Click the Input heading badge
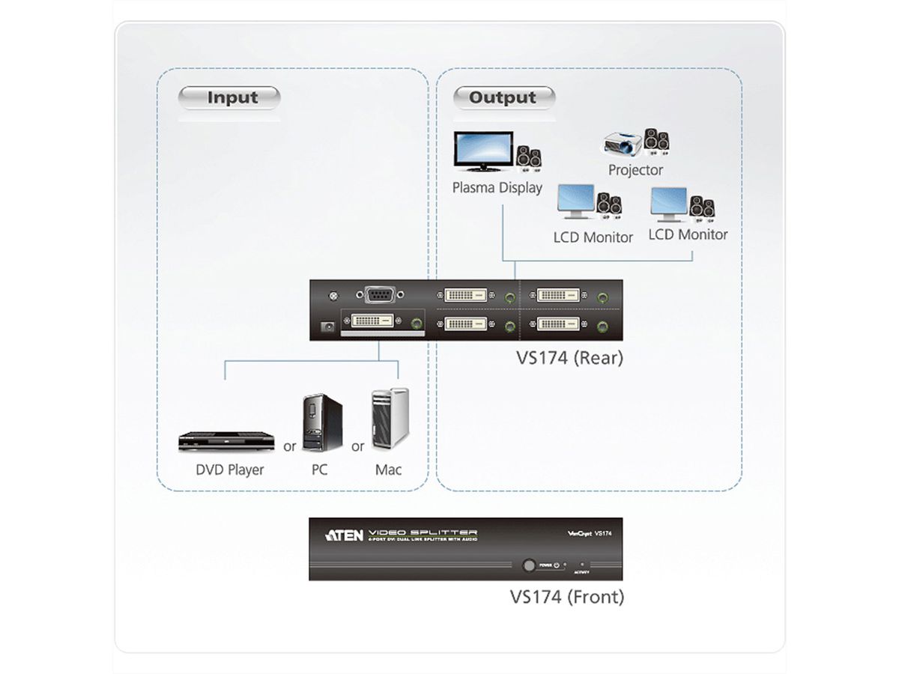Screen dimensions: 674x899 click(x=228, y=97)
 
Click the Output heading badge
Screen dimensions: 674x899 click(x=503, y=97)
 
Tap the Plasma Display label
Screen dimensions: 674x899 click(x=497, y=187)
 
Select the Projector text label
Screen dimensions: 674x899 click(x=635, y=170)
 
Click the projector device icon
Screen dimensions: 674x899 click(x=623, y=142)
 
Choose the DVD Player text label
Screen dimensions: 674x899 click(x=230, y=470)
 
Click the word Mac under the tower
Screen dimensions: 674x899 click(x=388, y=470)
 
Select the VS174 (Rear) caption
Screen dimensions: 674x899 click(x=569, y=358)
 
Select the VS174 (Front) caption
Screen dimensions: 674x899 click(x=566, y=597)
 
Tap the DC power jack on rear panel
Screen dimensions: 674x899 click(x=326, y=326)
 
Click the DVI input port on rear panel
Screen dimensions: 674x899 click(x=373, y=323)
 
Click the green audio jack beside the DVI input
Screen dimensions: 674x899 click(x=417, y=324)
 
